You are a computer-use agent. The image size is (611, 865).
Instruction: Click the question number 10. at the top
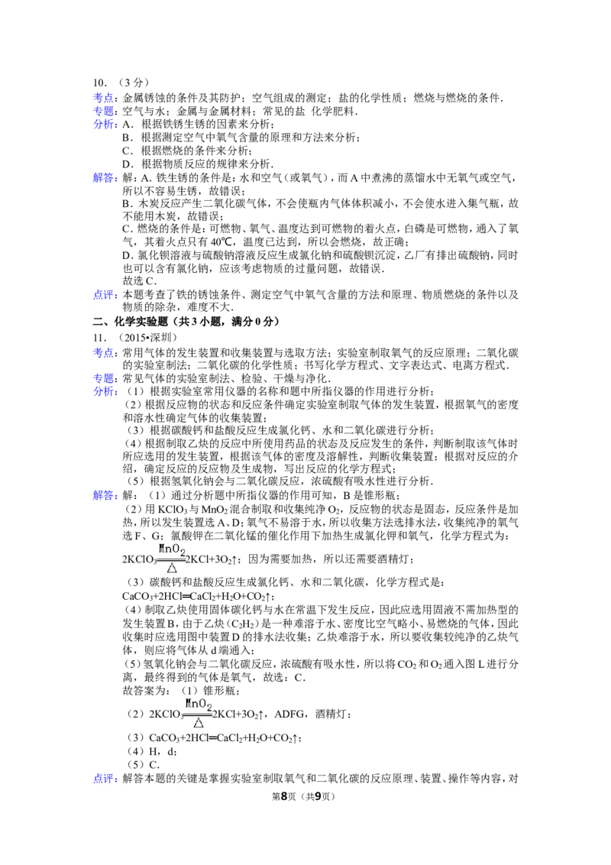click(x=100, y=83)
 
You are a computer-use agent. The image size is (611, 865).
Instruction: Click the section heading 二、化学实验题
click(x=130, y=322)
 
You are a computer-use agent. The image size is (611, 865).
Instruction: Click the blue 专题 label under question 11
click(x=103, y=378)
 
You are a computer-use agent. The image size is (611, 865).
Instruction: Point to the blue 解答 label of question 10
click(x=103, y=177)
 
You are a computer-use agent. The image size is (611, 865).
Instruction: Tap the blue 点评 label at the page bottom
click(x=103, y=779)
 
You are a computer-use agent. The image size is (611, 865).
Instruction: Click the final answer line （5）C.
click(x=144, y=765)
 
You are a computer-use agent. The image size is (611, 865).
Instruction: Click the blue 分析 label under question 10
click(x=103, y=124)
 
